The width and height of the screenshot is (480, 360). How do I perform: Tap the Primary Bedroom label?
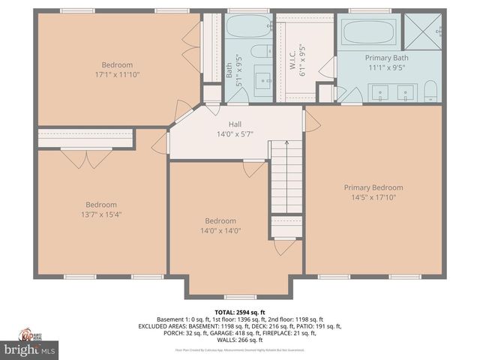pyautogui.click(x=373, y=187)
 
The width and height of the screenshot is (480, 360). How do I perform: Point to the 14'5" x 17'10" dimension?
pyautogui.click(x=373, y=198)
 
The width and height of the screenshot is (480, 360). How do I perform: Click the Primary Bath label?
pyautogui.click(x=386, y=58)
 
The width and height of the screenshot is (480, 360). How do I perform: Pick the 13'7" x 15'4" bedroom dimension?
pyautogui.click(x=100, y=215)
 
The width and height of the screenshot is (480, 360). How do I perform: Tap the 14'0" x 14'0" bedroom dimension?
pyautogui.click(x=220, y=231)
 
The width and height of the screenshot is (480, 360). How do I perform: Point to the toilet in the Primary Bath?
pyautogui.click(x=430, y=91)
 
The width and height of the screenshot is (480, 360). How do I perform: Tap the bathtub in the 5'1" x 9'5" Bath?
pyautogui.click(x=248, y=28)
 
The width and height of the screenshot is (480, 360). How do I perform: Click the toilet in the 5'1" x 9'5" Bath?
pyautogui.click(x=260, y=52)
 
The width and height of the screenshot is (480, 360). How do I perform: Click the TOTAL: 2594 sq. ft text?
pyautogui.click(x=240, y=311)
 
